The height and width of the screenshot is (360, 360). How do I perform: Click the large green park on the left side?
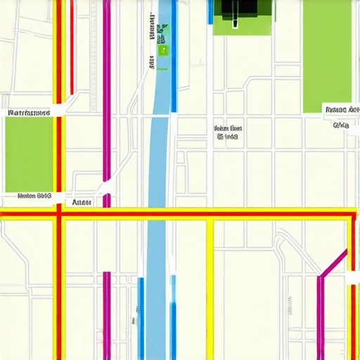pyautogui.click(x=28, y=153)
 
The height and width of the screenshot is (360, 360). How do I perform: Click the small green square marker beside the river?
pyautogui.click(x=163, y=50)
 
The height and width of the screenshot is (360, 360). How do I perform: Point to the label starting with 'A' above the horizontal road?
pyautogui.click(x=82, y=201)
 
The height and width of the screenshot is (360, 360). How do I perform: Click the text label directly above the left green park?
pyautogui.click(x=28, y=112)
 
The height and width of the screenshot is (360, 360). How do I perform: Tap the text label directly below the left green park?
pyautogui.click(x=34, y=195)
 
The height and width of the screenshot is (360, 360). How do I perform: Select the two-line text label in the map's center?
pyautogui.click(x=227, y=133)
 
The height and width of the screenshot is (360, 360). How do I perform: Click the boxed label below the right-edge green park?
pyautogui.click(x=342, y=109)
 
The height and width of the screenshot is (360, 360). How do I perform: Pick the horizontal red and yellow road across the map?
pyautogui.click(x=211, y=213)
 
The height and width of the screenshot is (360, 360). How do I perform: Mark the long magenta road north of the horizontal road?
pyautogui.click(x=106, y=91)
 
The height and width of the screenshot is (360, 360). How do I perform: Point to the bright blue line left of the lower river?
pyautogui.click(x=141, y=316)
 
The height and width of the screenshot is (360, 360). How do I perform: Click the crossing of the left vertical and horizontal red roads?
pyautogui.click(x=59, y=213)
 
